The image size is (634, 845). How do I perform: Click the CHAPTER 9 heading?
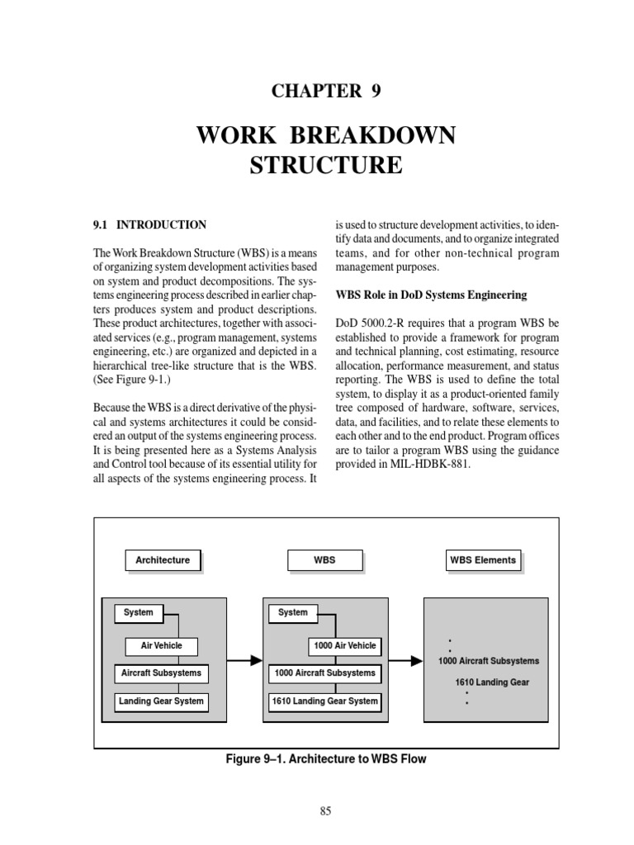(x=326, y=91)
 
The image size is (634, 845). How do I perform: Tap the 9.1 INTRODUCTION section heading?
(x=149, y=224)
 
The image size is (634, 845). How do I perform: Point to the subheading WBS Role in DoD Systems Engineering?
(x=430, y=295)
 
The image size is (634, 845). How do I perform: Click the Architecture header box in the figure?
(x=163, y=560)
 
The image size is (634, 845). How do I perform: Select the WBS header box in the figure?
(x=324, y=560)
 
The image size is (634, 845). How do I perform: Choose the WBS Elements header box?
(x=483, y=560)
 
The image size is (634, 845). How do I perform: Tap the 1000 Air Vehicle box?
(x=344, y=646)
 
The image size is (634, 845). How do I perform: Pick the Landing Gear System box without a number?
(x=161, y=701)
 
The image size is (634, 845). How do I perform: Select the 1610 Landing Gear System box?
(x=324, y=701)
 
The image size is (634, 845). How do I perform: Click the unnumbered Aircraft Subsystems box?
(x=161, y=673)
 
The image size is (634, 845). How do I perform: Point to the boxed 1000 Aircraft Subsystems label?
(x=324, y=673)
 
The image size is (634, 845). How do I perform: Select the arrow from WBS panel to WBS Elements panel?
(x=403, y=660)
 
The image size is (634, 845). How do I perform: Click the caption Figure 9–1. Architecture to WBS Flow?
(x=326, y=758)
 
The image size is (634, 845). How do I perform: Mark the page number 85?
(x=325, y=811)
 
